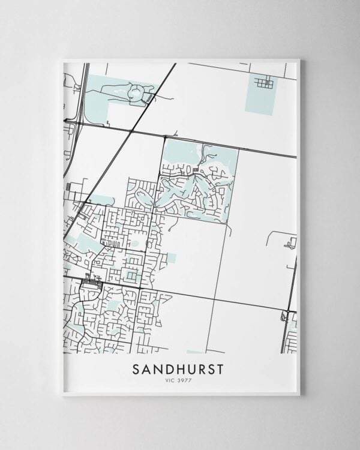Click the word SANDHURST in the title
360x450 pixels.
178,369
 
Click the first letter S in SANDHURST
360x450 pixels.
136,369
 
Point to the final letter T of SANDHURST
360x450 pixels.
220,369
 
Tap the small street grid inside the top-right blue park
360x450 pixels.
264,83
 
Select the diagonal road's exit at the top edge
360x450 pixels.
175,64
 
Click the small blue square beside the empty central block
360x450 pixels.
172,257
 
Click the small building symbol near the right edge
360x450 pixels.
292,243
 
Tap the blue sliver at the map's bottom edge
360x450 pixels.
194,352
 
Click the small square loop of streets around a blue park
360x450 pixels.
130,275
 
